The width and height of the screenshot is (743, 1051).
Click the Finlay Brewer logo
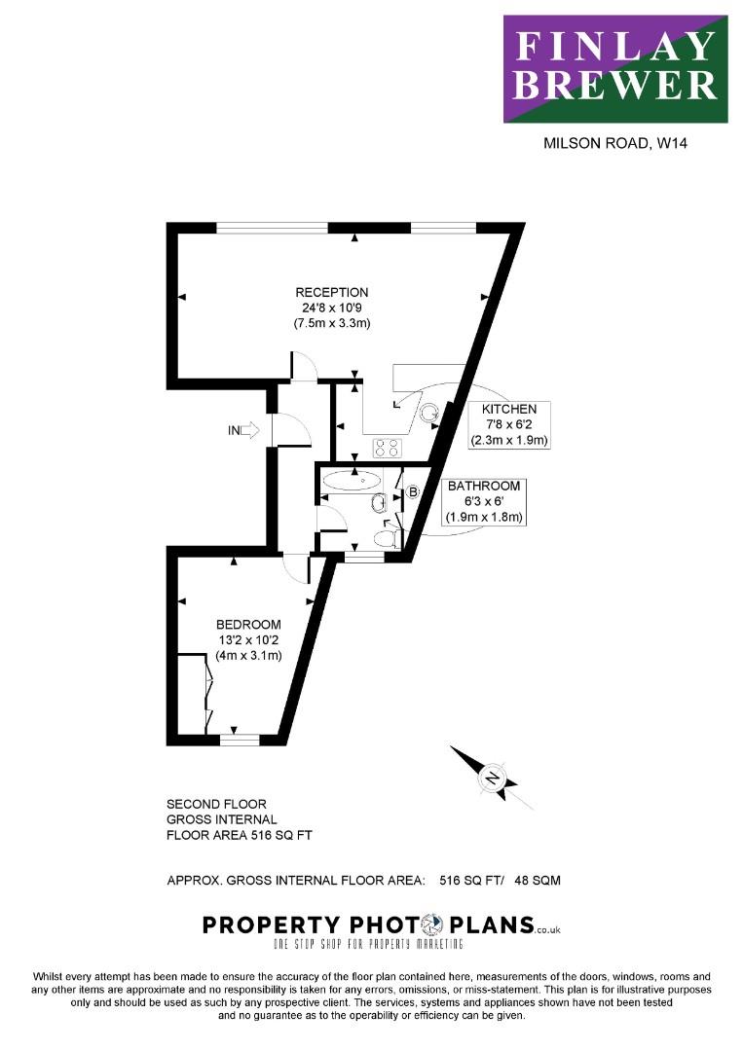tap(615, 69)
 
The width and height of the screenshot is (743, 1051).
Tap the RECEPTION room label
tap(332, 292)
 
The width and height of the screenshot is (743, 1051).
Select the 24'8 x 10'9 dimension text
tap(332, 308)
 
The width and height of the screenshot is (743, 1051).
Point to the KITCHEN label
tap(509, 409)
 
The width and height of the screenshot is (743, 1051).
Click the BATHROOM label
tap(484, 486)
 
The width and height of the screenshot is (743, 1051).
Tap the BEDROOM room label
tap(248, 625)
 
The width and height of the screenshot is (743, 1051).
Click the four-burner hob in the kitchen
tap(387, 448)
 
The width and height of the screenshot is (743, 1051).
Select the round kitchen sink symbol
tap(428, 412)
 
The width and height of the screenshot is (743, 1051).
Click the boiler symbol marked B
tap(412, 492)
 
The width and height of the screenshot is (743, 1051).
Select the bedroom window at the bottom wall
tap(240, 739)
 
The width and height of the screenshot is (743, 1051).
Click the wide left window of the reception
tap(272, 229)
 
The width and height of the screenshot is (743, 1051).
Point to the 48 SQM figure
tap(537, 880)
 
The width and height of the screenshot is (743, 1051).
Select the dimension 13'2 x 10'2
tap(248, 640)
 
